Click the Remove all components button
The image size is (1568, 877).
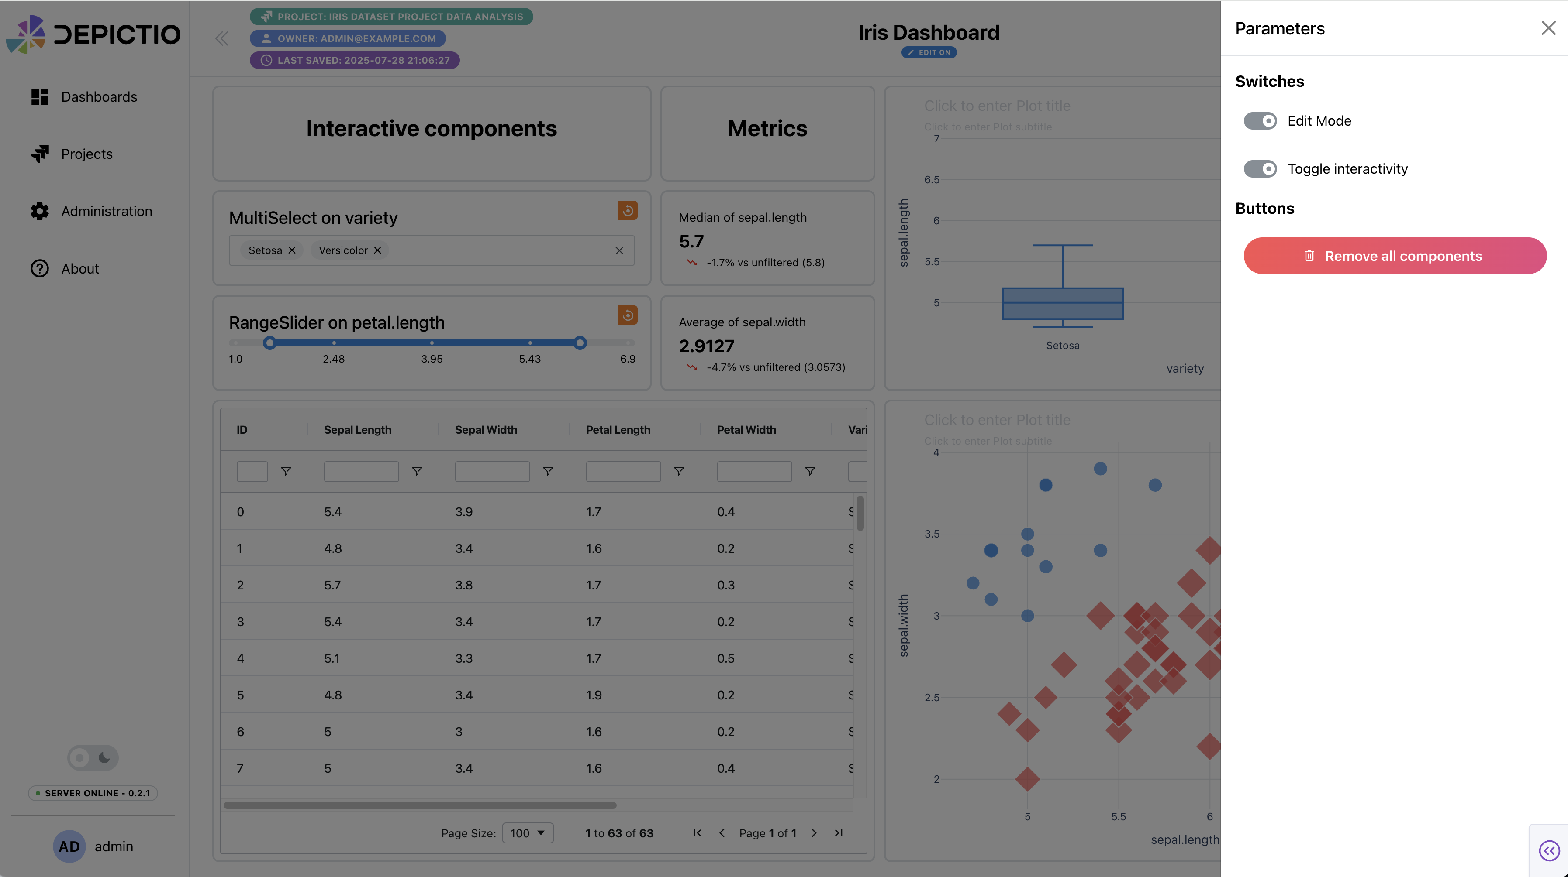pyautogui.click(x=1395, y=256)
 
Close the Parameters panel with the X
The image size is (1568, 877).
pyautogui.click(x=1548, y=28)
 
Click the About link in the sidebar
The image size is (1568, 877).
pyautogui.click(x=80, y=268)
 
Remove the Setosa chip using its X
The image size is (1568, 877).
pyautogui.click(x=292, y=250)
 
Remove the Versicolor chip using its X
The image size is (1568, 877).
pyautogui.click(x=377, y=250)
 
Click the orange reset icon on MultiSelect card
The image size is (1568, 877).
pyautogui.click(x=628, y=210)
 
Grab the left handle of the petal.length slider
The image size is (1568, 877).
pyautogui.click(x=269, y=343)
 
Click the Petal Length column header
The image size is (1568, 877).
pyautogui.click(x=618, y=430)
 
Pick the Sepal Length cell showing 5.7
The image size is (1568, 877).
pyautogui.click(x=332, y=585)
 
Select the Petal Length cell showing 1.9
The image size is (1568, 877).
pyautogui.click(x=594, y=695)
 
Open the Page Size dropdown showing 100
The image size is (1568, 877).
pyautogui.click(x=527, y=833)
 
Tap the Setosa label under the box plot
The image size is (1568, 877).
pyautogui.click(x=1063, y=346)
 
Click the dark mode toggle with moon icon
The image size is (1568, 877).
pyautogui.click(x=93, y=758)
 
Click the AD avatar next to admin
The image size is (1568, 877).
pyautogui.click(x=69, y=846)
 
